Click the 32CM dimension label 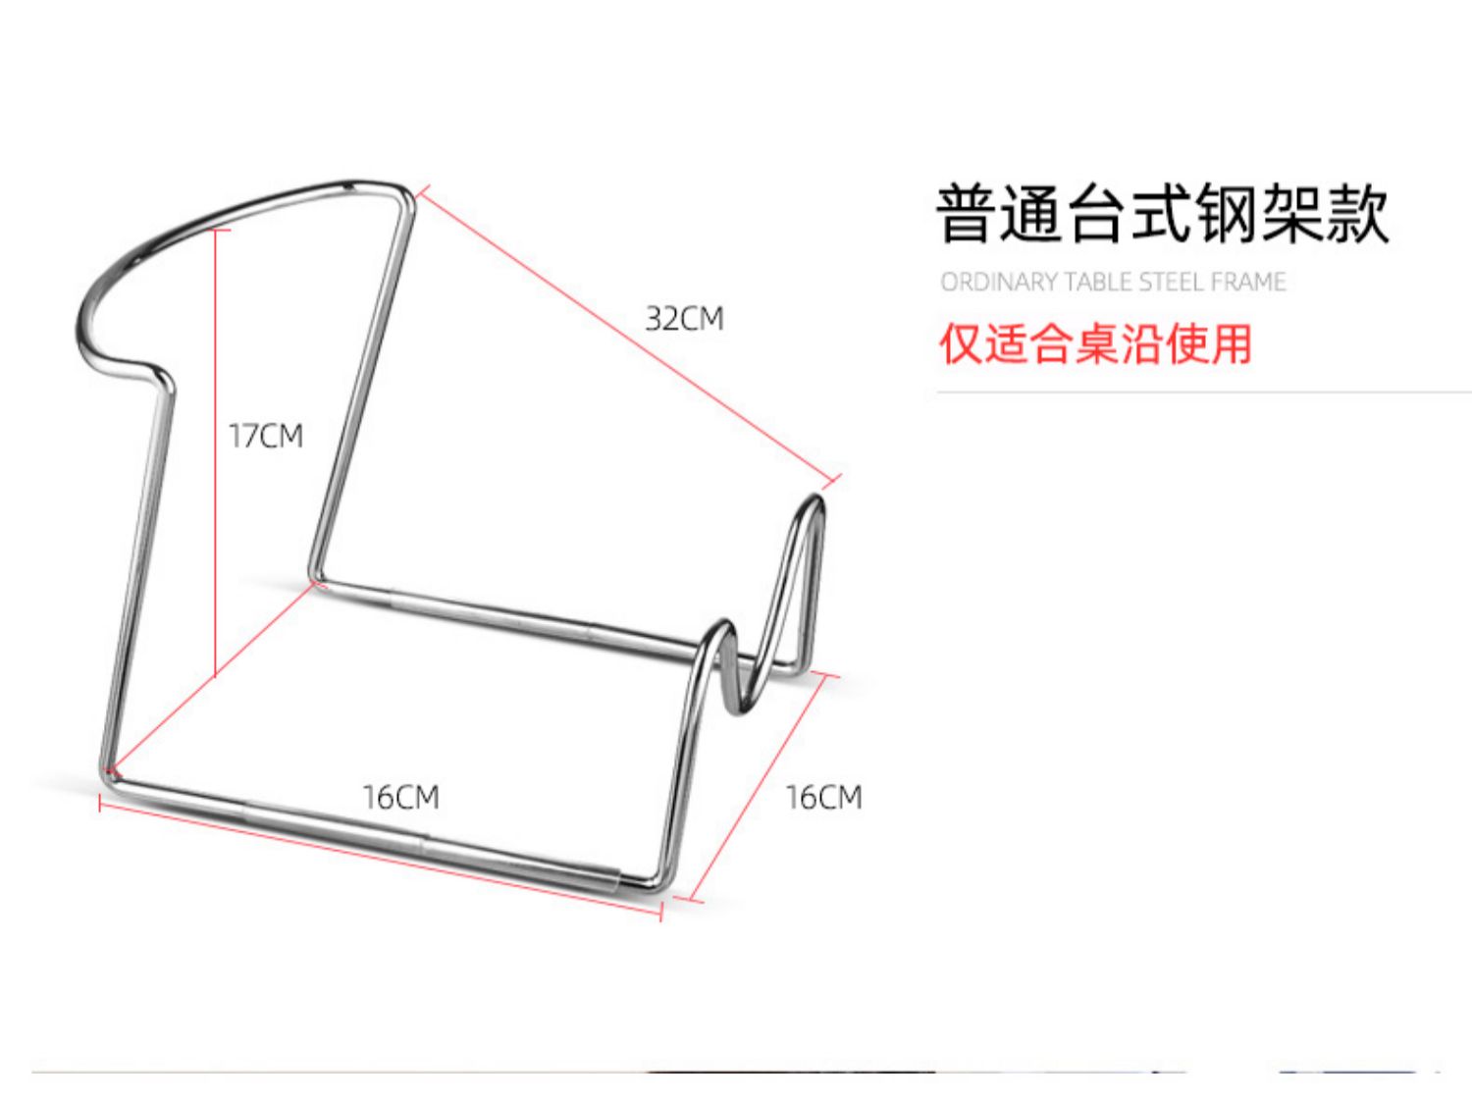pyautogui.click(x=684, y=319)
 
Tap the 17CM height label pyautogui.click(x=266, y=435)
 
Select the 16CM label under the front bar pyautogui.click(x=400, y=797)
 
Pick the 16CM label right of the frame pyautogui.click(x=823, y=797)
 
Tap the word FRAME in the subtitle pyautogui.click(x=1248, y=283)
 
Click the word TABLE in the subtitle pyautogui.click(x=1098, y=283)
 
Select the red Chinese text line pyautogui.click(x=1095, y=344)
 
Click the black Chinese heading pyautogui.click(x=1162, y=213)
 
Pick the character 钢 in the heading pyautogui.click(x=1227, y=213)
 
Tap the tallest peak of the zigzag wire pyautogui.click(x=814, y=502)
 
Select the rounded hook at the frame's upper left pyautogui.click(x=93, y=314)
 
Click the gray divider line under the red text pyautogui.click(x=1202, y=392)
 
